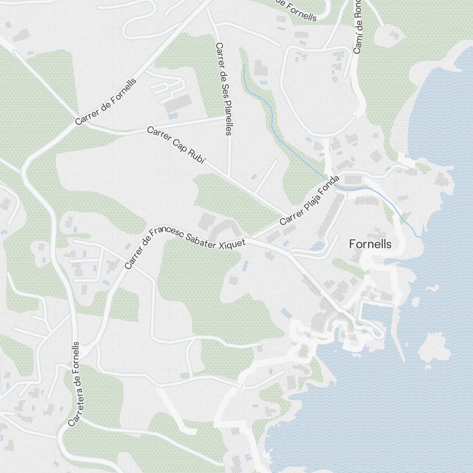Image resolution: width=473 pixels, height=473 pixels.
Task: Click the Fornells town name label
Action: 370,244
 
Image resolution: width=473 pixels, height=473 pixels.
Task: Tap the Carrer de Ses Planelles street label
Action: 223,89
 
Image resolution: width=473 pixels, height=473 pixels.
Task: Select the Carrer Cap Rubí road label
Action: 176,145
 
